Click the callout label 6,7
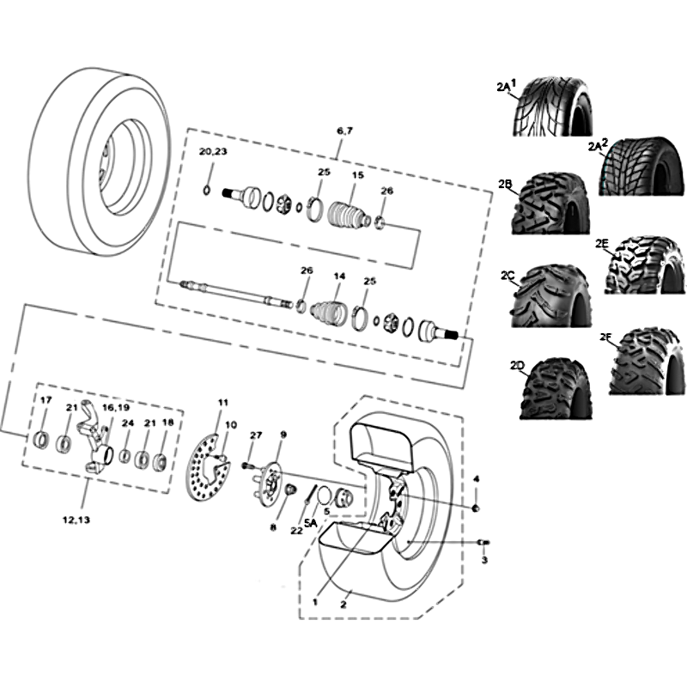click(x=345, y=131)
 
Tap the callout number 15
click(x=358, y=175)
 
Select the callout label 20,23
click(x=213, y=152)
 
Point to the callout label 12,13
click(x=76, y=520)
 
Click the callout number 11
click(x=223, y=403)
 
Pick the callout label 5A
click(x=310, y=523)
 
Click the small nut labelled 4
click(x=477, y=508)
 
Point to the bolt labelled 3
click(x=484, y=543)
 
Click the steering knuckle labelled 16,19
click(x=95, y=442)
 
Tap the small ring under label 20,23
click(x=207, y=190)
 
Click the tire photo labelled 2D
click(x=555, y=389)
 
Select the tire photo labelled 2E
click(x=645, y=265)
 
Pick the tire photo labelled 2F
click(x=647, y=361)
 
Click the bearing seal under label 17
click(x=42, y=440)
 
